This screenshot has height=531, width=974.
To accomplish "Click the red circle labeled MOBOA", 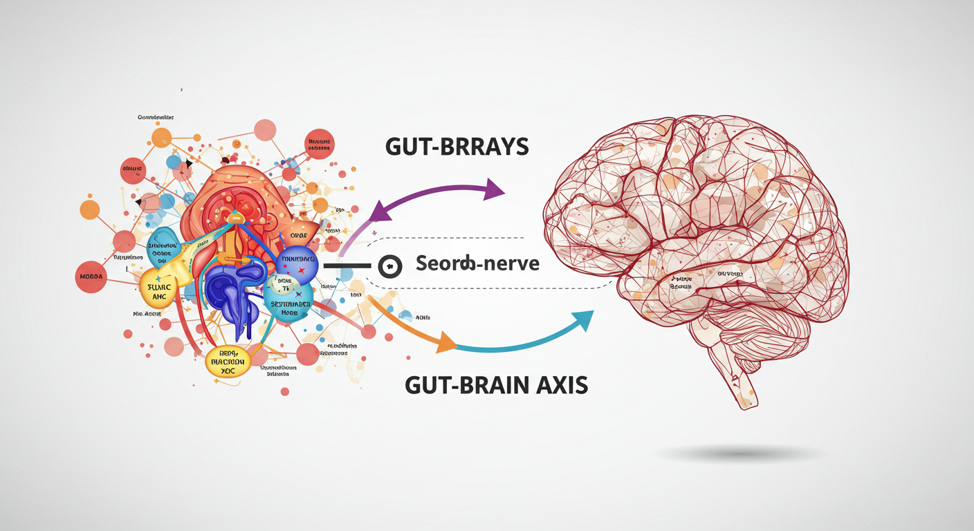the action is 91,277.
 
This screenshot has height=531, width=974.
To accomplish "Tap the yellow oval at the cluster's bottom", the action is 228,362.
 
